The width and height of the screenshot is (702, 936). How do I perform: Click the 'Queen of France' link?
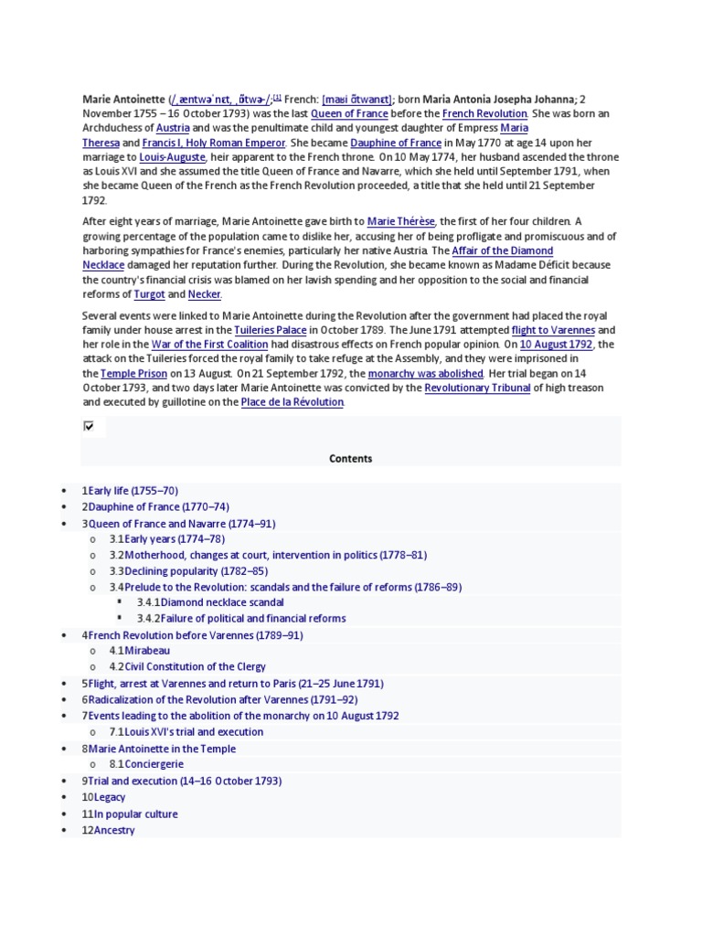350,113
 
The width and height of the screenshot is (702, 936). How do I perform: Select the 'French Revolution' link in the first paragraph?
484,113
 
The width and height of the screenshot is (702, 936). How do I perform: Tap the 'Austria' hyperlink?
173,129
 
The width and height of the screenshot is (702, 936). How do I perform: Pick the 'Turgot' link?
149,294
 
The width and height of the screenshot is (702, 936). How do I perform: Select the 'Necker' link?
204,294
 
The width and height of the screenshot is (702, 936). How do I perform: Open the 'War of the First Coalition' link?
209,345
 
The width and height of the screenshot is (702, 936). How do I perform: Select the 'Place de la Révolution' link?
292,402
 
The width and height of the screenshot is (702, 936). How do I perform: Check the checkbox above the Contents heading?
89,426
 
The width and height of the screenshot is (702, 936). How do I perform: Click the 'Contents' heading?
350,459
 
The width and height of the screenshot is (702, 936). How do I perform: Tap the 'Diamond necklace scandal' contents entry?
221,602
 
